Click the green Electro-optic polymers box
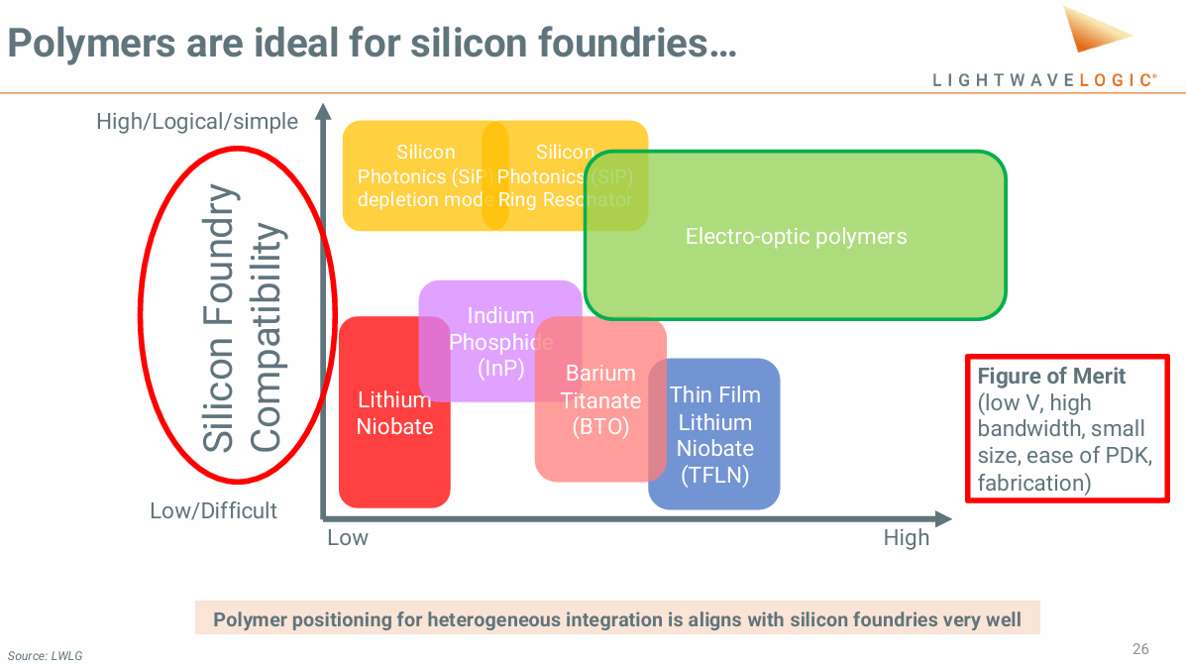[x=796, y=237]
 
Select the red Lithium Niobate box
[x=394, y=413]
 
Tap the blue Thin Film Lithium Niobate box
[x=714, y=435]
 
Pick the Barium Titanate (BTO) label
[x=600, y=400]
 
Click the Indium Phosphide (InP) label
[x=500, y=342]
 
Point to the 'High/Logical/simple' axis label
[x=196, y=122]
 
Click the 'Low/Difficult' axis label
[x=213, y=511]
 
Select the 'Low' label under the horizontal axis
[x=348, y=538]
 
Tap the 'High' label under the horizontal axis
[x=907, y=538]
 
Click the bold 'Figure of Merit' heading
[x=1051, y=377]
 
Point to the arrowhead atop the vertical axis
[x=322, y=110]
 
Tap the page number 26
[x=1140, y=649]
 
